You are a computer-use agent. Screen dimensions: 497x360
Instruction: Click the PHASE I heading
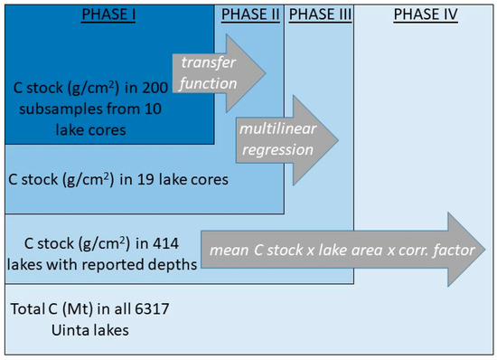(x=108, y=14)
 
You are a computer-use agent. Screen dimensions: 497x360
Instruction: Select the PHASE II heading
(x=250, y=14)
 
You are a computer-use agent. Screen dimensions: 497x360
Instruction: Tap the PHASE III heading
(x=320, y=14)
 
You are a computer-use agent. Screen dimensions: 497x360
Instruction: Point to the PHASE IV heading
(x=426, y=14)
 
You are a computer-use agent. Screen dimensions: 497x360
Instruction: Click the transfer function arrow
(x=219, y=73)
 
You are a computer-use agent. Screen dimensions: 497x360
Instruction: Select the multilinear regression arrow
(x=286, y=140)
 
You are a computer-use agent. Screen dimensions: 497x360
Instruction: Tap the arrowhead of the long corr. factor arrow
(x=466, y=250)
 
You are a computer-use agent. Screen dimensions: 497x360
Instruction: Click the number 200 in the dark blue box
(x=155, y=88)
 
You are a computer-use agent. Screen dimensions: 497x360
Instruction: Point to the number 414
(x=165, y=243)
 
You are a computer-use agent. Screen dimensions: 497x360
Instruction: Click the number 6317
(x=152, y=308)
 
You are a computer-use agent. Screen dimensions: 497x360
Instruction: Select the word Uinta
(x=70, y=330)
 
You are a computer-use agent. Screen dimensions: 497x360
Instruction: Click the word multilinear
(x=278, y=128)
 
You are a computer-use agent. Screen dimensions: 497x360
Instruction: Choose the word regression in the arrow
(x=277, y=150)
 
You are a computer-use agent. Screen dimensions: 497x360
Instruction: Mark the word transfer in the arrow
(x=208, y=62)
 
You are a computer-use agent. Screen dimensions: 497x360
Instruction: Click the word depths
(x=174, y=265)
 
